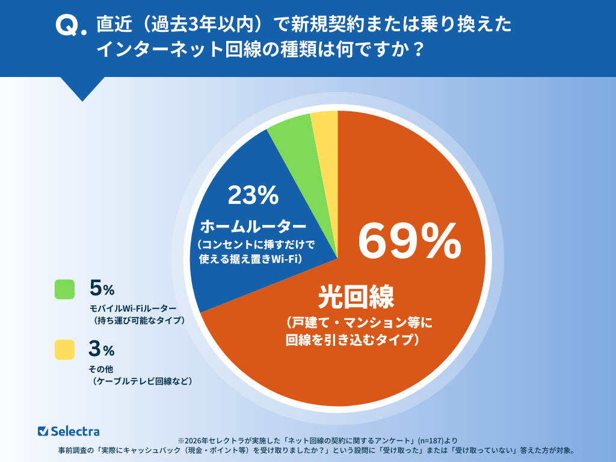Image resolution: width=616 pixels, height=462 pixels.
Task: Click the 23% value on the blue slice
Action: (253, 194)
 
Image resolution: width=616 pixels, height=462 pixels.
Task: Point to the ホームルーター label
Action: (253, 227)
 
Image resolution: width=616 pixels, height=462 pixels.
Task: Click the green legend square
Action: (64, 289)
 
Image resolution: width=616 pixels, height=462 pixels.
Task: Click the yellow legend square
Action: (64, 350)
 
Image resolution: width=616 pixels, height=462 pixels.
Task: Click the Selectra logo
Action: (69, 431)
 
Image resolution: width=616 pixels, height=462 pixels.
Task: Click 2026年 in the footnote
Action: (196, 440)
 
